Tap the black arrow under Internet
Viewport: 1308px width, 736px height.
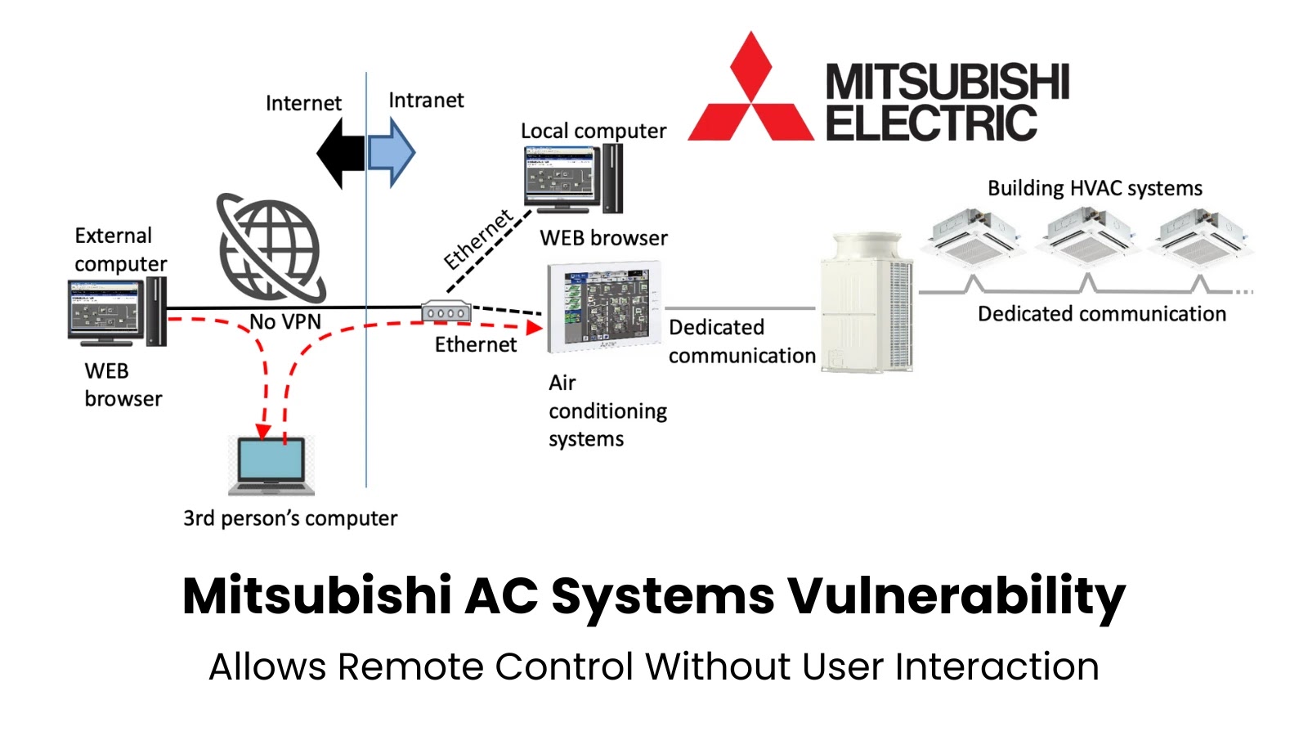pos(340,153)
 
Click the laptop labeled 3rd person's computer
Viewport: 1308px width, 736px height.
pos(271,465)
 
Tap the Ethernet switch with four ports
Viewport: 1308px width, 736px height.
pos(446,312)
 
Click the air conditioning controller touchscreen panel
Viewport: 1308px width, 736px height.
pos(603,307)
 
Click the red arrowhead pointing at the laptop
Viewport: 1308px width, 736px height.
pos(263,431)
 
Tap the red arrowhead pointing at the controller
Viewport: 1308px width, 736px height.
pos(534,328)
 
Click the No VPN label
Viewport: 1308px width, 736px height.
pos(285,322)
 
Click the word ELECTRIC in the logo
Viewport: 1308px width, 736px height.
pos(931,123)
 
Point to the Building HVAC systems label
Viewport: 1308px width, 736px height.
pos(1095,188)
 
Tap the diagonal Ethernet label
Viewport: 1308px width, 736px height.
pos(478,239)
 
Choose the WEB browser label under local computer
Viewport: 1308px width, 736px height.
pos(603,238)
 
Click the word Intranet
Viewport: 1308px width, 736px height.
pos(426,101)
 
